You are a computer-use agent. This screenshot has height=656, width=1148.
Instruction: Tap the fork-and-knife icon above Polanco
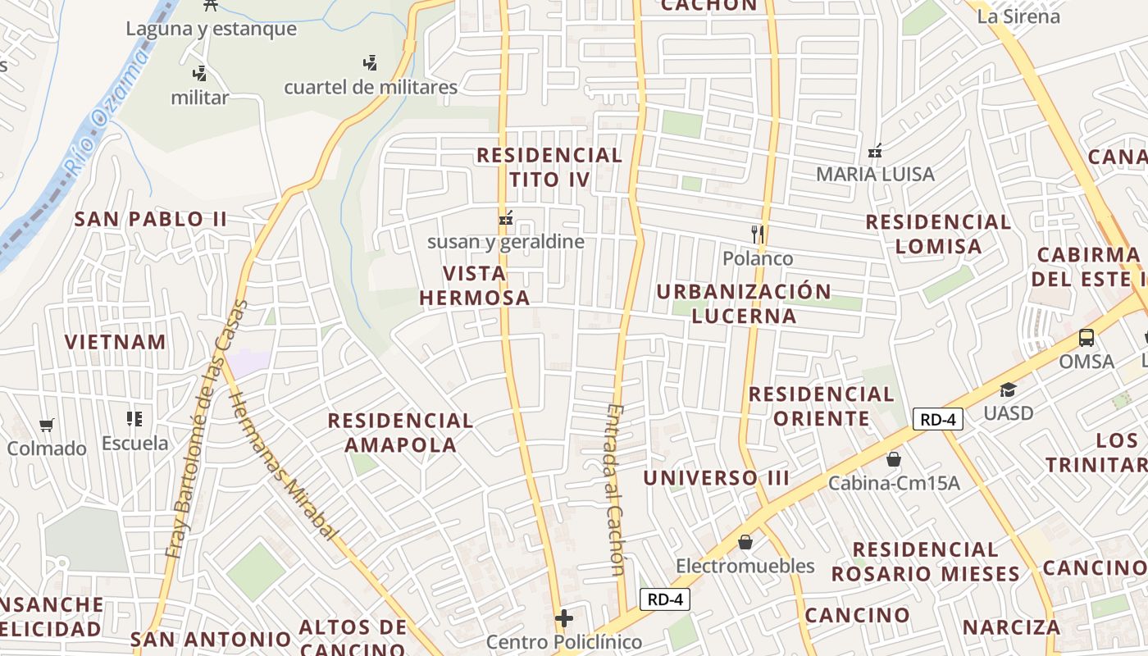click(x=758, y=235)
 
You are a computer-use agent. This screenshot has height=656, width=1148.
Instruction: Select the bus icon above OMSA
click(x=1086, y=337)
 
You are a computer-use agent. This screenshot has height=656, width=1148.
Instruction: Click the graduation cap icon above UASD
click(x=1008, y=389)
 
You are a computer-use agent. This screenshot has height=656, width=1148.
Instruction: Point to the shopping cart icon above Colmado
click(x=47, y=425)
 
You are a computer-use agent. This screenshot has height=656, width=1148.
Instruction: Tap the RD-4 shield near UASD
click(x=938, y=419)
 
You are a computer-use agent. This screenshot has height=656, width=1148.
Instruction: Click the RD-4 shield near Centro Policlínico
click(x=664, y=599)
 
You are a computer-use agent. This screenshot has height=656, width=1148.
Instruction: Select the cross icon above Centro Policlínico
click(x=564, y=617)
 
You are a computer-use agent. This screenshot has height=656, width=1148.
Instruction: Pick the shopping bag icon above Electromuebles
click(x=745, y=542)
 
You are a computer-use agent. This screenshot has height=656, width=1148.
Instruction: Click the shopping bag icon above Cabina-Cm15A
click(x=893, y=459)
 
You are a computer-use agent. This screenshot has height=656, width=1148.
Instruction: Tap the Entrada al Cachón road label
click(x=616, y=490)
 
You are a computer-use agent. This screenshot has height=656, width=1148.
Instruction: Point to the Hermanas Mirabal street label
click(x=283, y=465)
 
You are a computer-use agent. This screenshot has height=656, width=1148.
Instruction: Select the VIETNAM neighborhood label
click(x=116, y=342)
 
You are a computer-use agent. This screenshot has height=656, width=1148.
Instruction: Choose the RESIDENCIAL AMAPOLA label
click(x=400, y=433)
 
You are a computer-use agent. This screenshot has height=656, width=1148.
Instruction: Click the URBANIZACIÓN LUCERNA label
click(x=744, y=303)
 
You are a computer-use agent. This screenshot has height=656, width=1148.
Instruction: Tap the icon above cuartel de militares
click(x=371, y=62)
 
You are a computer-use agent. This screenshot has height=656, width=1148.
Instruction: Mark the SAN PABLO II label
click(x=151, y=219)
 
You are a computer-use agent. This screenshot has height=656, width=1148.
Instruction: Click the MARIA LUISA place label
click(x=875, y=174)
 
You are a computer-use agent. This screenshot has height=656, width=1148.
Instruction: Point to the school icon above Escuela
click(x=134, y=419)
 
